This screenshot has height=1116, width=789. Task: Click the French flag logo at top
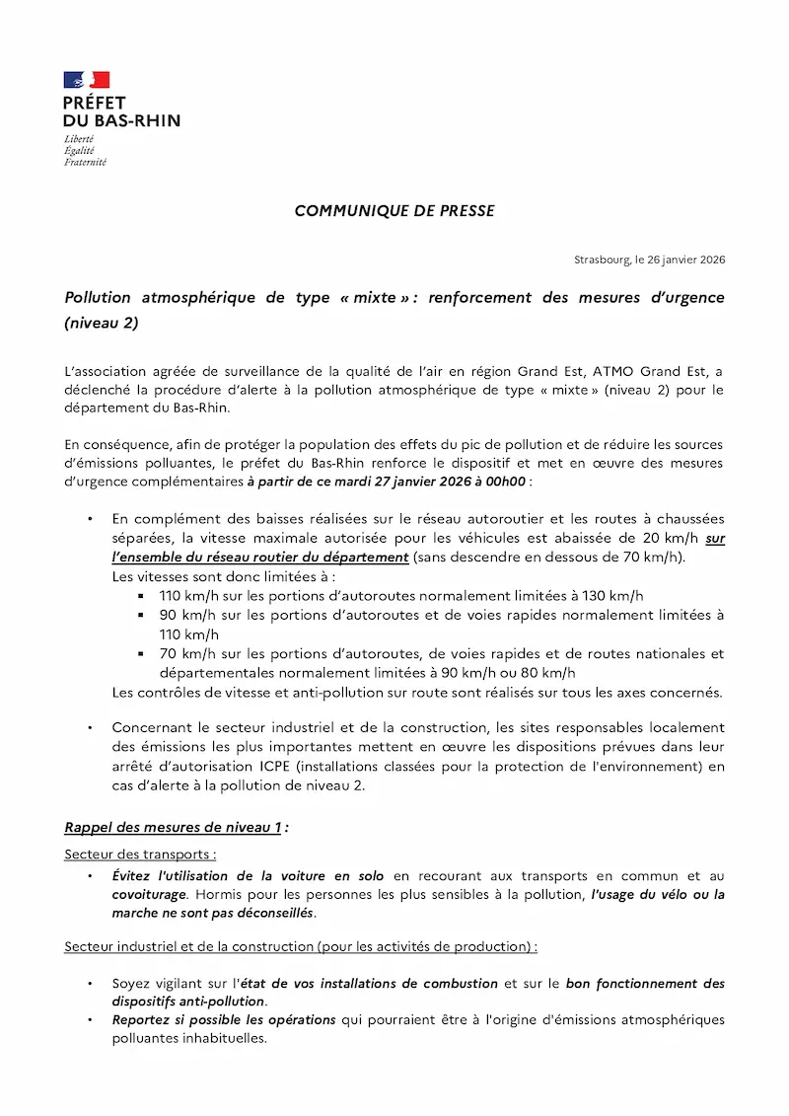point(87,80)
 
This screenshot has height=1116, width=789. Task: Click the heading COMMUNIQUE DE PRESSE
point(394,211)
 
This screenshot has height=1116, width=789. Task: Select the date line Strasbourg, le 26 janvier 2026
point(649,260)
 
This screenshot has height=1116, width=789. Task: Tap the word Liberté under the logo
point(79,139)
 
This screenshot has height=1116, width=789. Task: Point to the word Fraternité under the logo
point(85,162)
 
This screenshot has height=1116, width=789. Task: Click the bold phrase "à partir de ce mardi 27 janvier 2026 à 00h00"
point(387,482)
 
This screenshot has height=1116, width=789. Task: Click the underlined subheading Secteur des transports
point(140,854)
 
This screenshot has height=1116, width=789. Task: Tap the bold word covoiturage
point(149,894)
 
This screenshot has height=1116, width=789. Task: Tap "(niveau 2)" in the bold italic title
point(101,323)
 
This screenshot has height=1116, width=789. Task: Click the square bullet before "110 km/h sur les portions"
point(142,596)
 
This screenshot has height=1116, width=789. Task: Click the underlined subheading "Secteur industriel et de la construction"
point(188,946)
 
